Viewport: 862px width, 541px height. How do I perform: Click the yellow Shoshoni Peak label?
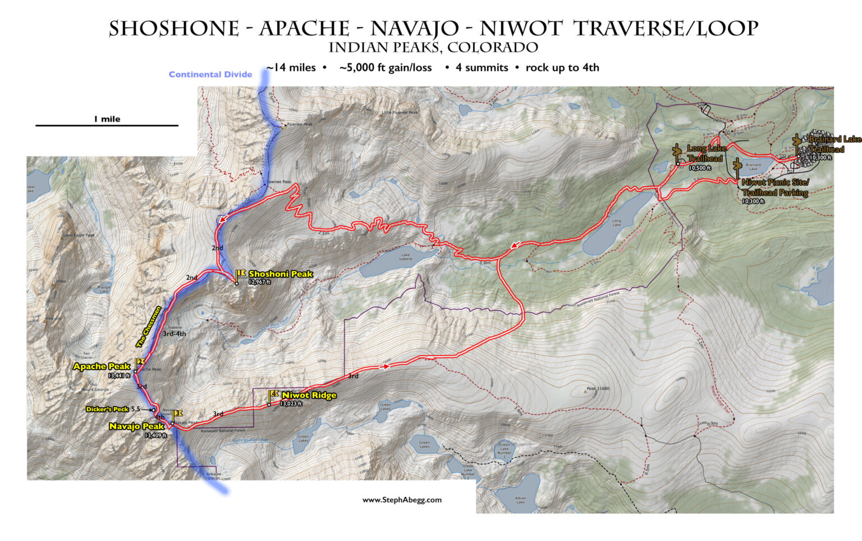(281, 274)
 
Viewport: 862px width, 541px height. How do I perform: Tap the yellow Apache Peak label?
(102, 366)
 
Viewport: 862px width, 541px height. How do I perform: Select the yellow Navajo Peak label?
(136, 426)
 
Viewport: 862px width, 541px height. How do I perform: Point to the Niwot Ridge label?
(309, 395)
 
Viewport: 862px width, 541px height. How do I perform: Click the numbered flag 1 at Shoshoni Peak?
(241, 274)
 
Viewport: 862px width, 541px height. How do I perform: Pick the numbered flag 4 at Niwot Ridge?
(274, 394)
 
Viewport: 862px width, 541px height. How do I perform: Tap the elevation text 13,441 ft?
(119, 375)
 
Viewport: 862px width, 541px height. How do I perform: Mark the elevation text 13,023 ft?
(291, 403)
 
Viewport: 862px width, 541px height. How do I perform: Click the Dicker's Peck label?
(107, 409)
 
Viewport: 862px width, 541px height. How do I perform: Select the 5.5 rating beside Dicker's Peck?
(135, 409)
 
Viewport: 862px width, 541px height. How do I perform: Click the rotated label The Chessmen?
(149, 326)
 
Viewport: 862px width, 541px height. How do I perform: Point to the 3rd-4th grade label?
(174, 334)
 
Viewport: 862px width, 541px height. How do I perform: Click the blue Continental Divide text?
(210, 74)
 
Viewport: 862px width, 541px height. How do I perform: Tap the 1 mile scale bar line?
(107, 125)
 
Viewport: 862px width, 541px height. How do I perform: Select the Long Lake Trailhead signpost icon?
(677, 152)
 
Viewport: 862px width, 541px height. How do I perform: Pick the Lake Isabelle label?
(405, 257)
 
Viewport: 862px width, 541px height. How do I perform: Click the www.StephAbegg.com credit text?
(402, 499)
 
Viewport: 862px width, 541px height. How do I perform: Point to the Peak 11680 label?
(598, 388)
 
